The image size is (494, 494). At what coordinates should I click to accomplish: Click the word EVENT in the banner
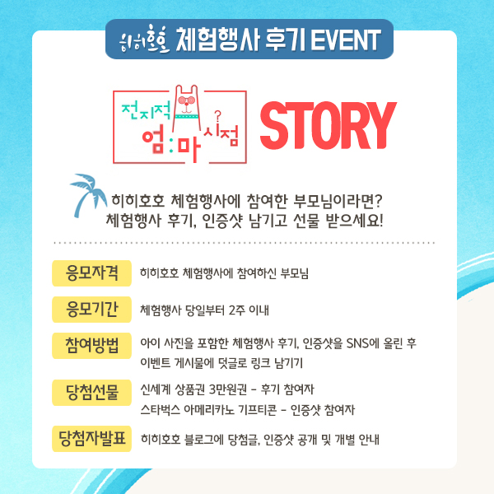(x=346, y=40)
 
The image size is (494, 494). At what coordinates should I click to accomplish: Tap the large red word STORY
(x=328, y=126)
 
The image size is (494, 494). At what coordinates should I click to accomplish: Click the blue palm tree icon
(x=87, y=194)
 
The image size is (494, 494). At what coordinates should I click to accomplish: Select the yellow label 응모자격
(x=91, y=273)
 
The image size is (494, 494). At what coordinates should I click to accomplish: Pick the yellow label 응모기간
(x=91, y=310)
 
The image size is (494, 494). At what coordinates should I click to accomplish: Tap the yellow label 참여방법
(x=91, y=346)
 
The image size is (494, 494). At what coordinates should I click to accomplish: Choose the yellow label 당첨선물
(x=91, y=393)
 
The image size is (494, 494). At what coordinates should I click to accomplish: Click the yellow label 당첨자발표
(x=91, y=439)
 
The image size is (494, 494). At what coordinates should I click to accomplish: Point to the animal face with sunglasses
(x=187, y=103)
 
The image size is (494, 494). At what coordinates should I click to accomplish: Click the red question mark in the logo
(x=217, y=116)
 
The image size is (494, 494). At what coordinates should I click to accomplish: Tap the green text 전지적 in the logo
(x=147, y=110)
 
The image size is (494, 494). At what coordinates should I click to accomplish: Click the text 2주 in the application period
(x=236, y=310)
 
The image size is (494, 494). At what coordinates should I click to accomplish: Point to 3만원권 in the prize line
(x=228, y=389)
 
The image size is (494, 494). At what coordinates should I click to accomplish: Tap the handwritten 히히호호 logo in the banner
(x=145, y=40)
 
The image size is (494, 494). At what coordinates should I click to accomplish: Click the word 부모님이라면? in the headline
(x=338, y=201)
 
